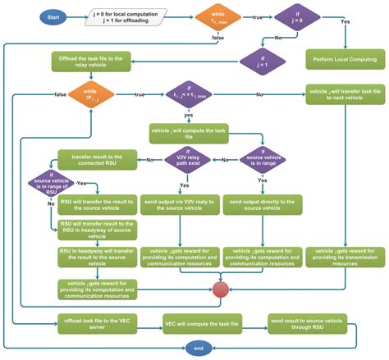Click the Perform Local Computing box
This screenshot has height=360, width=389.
(345, 60)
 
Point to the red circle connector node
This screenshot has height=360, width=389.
(220, 289)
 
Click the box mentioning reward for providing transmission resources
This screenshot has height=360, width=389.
(346, 256)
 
